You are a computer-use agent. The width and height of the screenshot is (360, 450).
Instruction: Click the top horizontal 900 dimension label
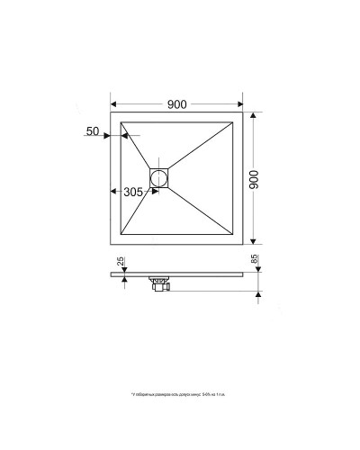point(177,103)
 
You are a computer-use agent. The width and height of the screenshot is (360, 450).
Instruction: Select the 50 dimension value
point(93,132)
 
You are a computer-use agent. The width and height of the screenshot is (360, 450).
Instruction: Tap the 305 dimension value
point(133,192)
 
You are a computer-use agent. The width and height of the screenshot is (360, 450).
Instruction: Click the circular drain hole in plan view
point(160,176)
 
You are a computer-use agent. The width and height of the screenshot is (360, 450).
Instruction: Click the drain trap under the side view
point(161,283)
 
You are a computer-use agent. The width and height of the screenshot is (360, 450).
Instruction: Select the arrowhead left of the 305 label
point(113,192)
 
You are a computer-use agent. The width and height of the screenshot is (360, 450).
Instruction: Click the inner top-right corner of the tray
point(237,120)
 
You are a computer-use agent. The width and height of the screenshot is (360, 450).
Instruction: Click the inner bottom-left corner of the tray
point(118,238)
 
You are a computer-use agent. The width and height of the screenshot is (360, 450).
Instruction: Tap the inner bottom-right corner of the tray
point(237,238)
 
